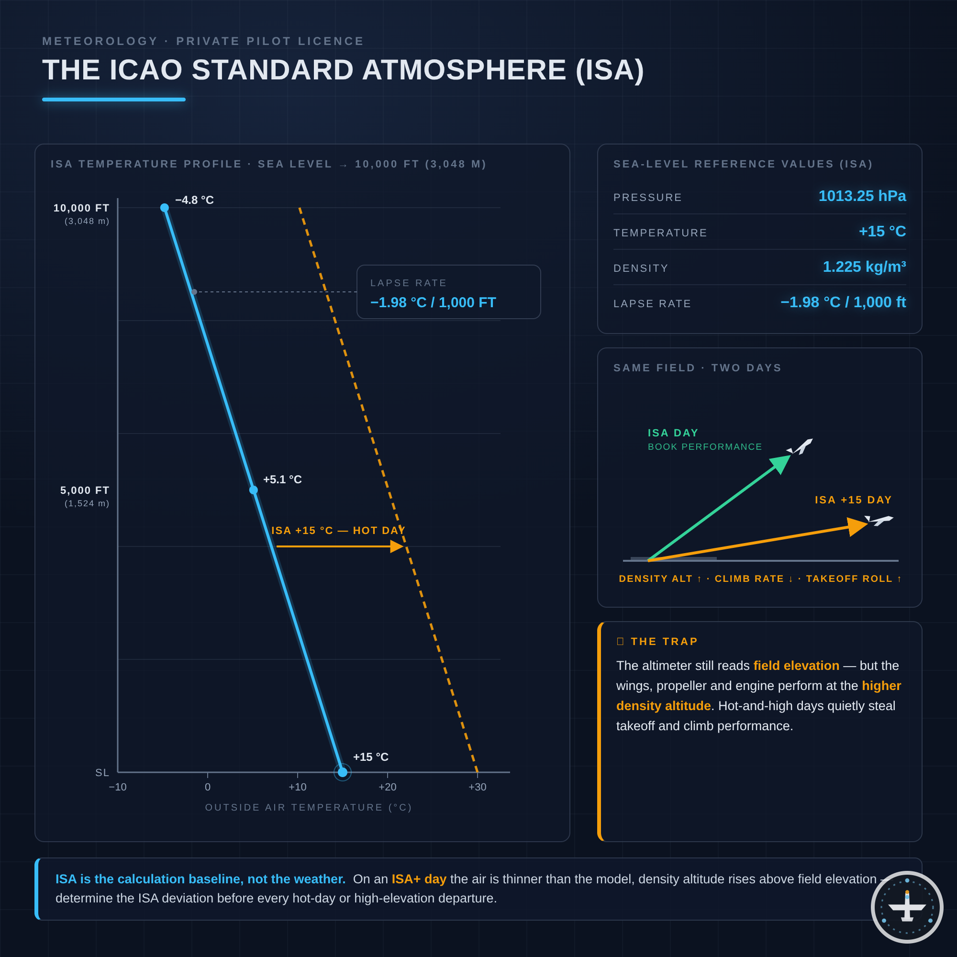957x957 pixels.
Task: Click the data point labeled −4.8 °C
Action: tap(165, 208)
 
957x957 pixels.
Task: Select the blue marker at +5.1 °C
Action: tap(254, 490)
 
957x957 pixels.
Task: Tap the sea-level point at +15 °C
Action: tap(342, 772)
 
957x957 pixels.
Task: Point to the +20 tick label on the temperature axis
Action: tap(388, 787)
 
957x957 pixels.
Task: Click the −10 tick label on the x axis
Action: tap(117, 787)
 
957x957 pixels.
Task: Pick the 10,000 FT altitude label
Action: tap(81, 208)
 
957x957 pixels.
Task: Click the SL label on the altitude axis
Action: tap(102, 773)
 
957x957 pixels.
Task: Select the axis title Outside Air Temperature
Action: tap(309, 807)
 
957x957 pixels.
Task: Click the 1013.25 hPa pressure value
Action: tap(862, 196)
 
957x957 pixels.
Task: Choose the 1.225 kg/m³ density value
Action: tap(864, 267)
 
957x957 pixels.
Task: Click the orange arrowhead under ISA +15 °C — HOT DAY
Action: tap(397, 546)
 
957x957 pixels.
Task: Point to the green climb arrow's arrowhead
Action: tap(780, 464)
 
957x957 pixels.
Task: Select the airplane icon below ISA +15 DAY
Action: tap(879, 520)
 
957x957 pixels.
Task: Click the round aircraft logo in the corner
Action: tap(907, 907)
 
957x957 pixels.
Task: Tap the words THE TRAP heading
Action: tap(664, 642)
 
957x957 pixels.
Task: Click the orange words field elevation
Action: tap(796, 666)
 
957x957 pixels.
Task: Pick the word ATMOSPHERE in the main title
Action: tap(464, 70)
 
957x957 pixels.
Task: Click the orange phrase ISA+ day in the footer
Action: tap(419, 879)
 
